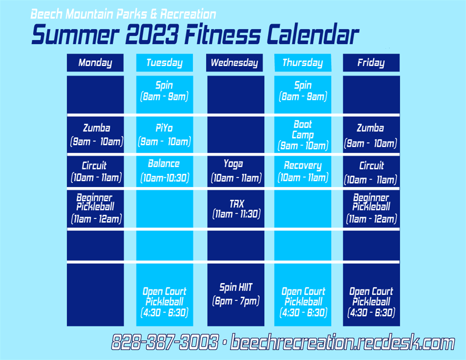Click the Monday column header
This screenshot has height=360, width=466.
(x=95, y=63)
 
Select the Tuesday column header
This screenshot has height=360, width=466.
(x=165, y=63)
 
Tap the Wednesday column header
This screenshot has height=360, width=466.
(x=234, y=63)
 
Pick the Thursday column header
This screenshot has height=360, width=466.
(x=302, y=63)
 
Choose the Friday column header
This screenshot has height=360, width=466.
(x=371, y=63)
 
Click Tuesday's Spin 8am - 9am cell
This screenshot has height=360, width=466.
(x=165, y=95)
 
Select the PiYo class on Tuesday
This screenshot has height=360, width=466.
(x=165, y=135)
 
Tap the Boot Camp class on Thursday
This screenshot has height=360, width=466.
(x=302, y=135)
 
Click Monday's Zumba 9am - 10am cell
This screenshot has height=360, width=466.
(x=95, y=135)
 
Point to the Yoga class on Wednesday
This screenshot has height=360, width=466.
(x=236, y=172)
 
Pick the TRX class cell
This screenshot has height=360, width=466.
(x=236, y=209)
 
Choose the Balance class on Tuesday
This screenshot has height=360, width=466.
(x=165, y=172)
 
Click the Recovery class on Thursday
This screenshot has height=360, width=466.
(x=302, y=172)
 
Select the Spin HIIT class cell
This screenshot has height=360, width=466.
(x=236, y=294)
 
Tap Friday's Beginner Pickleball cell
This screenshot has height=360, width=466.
(x=371, y=209)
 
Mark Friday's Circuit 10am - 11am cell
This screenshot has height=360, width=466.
(x=371, y=172)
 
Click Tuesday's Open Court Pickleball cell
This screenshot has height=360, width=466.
(x=165, y=294)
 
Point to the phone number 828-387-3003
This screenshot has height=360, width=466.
(x=165, y=342)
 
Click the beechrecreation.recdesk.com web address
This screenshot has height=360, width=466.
(x=342, y=342)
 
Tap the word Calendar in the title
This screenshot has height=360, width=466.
(x=313, y=34)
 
